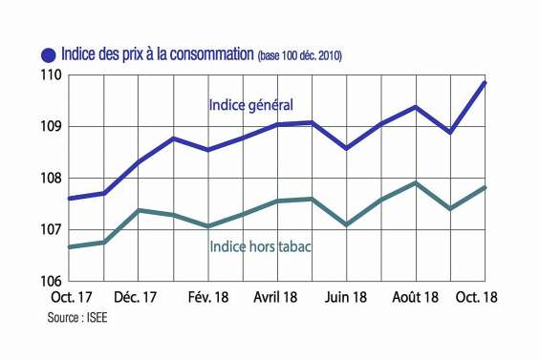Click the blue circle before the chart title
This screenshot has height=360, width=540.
click(48, 54)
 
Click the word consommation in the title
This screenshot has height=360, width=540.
click(204, 53)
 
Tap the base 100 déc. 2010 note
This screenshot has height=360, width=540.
click(300, 56)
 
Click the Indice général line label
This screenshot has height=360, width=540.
click(250, 104)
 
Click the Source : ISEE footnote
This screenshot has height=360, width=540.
click(77, 317)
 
